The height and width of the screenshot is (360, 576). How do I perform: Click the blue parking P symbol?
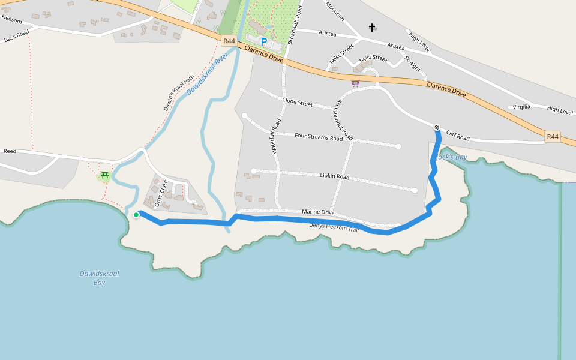pyautogui.click(x=263, y=42)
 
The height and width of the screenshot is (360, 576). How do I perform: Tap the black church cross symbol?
pyautogui.click(x=372, y=28)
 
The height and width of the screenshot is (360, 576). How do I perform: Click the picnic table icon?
pyautogui.click(x=105, y=175)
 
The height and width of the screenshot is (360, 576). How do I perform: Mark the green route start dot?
pyautogui.click(x=136, y=214)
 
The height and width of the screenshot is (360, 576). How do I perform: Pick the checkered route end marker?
pyautogui.click(x=437, y=127)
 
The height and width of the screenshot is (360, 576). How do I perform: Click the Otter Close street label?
pyautogui.click(x=161, y=193)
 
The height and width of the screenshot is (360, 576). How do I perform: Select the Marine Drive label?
pyautogui.click(x=318, y=212)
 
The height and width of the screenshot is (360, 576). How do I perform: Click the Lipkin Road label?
pyautogui.click(x=334, y=176)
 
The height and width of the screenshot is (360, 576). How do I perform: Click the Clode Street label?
pyautogui.click(x=297, y=103)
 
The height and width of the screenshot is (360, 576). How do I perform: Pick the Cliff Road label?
pyautogui.click(x=457, y=137)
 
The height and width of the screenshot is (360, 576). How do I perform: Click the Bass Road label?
pyautogui.click(x=16, y=36)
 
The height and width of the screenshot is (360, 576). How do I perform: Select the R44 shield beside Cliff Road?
pyautogui.click(x=553, y=137)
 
